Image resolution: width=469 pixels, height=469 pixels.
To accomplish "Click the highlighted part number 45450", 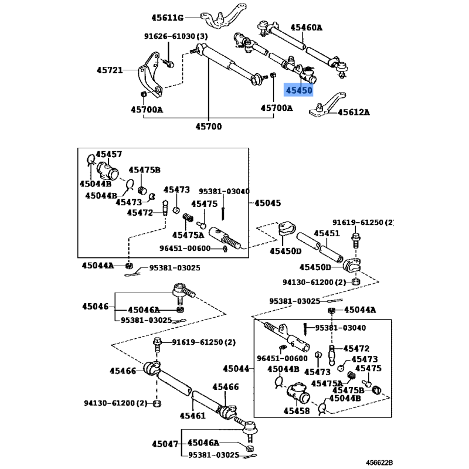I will click(x=298, y=90).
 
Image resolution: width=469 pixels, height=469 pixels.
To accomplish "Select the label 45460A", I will click(x=306, y=27).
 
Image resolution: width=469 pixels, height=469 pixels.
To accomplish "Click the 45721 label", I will click(x=110, y=70).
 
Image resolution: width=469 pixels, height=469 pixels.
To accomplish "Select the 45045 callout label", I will click(x=268, y=203).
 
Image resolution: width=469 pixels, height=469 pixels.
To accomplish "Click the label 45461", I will click(x=192, y=416).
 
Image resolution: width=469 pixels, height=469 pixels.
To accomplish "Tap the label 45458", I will click(x=299, y=410).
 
